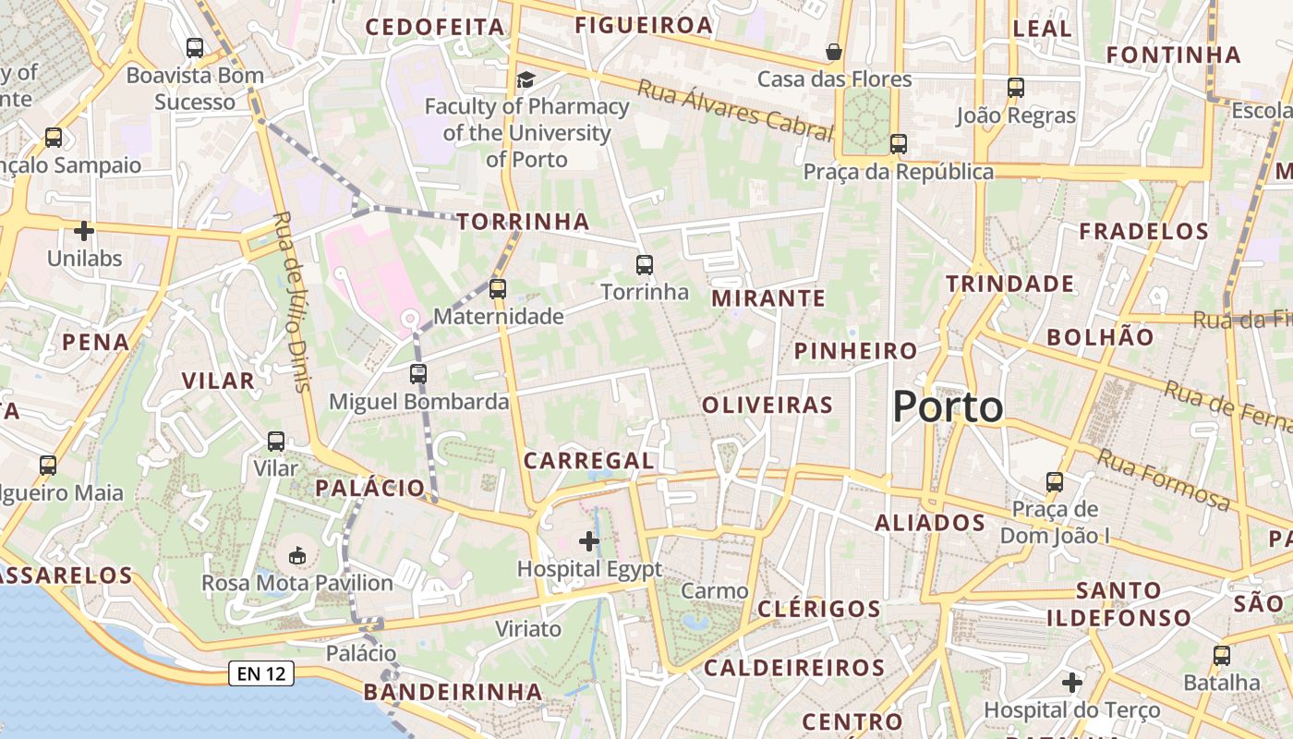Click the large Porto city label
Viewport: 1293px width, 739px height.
948,407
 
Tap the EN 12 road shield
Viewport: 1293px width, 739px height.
261,674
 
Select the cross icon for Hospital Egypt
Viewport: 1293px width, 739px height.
588,541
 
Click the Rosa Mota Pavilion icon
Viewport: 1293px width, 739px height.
297,556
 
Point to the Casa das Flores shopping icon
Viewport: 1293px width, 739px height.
834,52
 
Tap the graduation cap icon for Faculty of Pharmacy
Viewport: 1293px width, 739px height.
526,79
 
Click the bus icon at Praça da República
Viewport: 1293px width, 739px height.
898,144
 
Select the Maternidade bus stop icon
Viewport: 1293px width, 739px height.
498,288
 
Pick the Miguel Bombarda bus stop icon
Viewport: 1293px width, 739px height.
418,374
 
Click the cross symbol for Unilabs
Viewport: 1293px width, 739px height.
84,231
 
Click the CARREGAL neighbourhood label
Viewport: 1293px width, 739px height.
588,460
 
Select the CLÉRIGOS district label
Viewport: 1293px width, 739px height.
819,609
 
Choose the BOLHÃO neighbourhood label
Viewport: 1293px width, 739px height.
1100,337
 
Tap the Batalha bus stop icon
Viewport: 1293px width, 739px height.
1221,656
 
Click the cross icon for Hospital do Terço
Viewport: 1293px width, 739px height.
1071,683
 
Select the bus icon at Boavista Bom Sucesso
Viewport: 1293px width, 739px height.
195,48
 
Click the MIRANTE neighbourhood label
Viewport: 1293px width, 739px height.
768,297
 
